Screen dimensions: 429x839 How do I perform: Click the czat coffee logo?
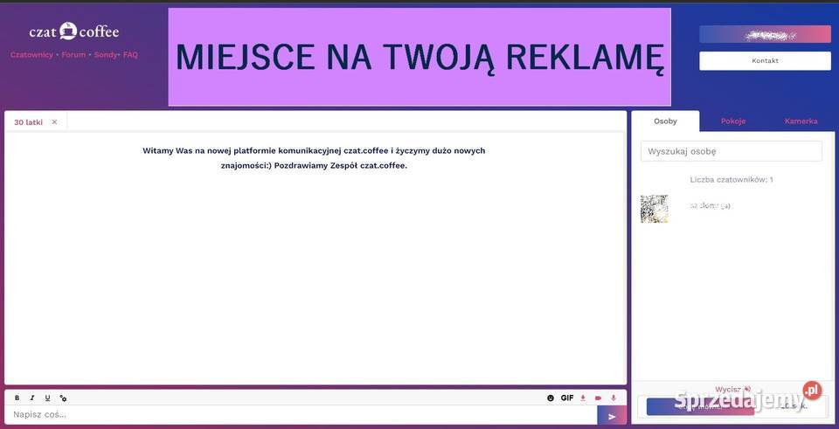(73, 31)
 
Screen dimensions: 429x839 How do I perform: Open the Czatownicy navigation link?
(31, 55)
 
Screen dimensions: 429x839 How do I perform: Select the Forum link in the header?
(73, 55)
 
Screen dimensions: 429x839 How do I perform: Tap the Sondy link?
(105, 55)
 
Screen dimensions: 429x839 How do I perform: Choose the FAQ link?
(130, 55)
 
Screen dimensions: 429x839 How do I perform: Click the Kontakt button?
(765, 61)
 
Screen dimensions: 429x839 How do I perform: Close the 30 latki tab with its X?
(54, 122)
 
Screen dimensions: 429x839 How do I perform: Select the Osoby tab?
(665, 121)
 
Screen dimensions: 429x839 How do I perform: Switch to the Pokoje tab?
(733, 121)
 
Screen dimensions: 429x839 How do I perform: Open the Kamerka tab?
(801, 121)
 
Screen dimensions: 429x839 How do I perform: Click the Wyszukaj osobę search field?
(731, 151)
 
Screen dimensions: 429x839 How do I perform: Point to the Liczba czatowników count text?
(731, 179)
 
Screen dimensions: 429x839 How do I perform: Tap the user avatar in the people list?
(654, 209)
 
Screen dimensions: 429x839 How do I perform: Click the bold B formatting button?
(17, 398)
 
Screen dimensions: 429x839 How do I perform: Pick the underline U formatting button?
(47, 398)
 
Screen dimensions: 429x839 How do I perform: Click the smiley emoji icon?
(551, 398)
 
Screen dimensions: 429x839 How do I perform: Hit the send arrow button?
(612, 416)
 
